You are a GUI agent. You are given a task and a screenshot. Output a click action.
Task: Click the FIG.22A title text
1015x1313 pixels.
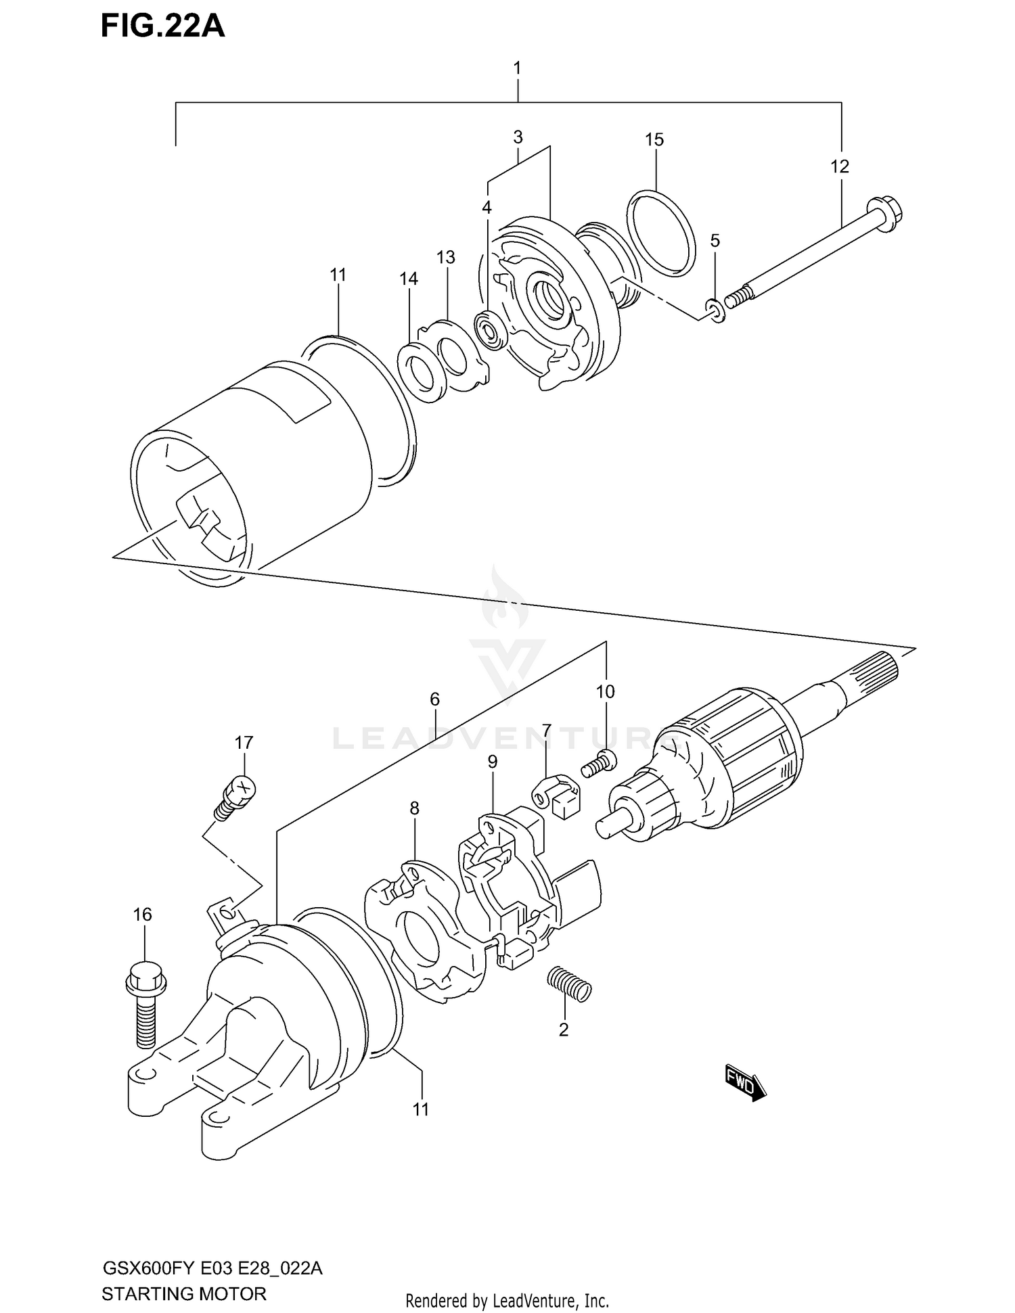(162, 26)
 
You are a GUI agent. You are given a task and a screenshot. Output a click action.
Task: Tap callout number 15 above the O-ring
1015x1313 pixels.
(654, 140)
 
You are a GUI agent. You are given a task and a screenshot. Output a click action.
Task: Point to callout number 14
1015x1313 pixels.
(409, 279)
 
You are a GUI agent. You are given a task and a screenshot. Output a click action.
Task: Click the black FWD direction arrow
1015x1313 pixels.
(745, 1086)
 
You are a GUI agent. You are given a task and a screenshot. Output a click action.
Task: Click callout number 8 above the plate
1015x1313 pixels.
(414, 808)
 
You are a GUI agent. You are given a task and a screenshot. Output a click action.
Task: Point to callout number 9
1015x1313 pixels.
(493, 762)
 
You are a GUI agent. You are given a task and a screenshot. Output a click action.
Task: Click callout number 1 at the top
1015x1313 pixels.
(517, 68)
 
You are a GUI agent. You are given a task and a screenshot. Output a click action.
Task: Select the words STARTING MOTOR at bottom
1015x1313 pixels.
(183, 1294)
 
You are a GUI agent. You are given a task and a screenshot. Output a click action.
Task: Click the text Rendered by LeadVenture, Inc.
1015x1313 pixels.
(507, 1300)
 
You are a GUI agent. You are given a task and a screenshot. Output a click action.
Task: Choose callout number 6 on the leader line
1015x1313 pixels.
(434, 699)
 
